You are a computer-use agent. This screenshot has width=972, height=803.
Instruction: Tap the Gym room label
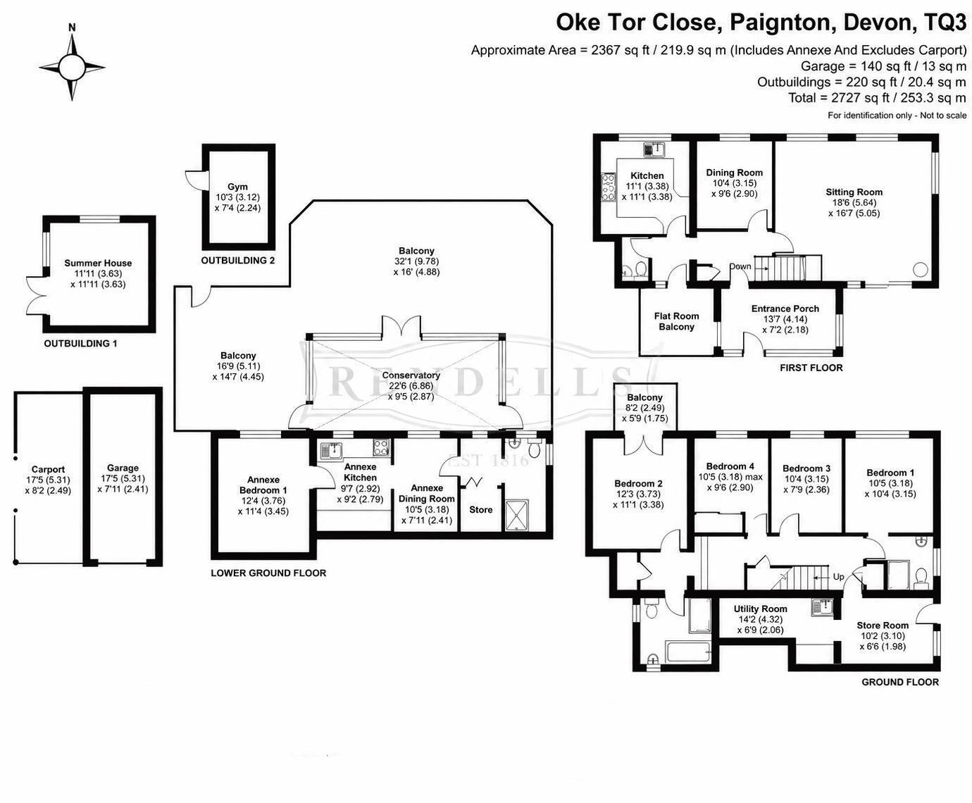coord(238,187)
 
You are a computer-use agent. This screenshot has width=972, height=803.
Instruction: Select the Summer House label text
coord(98,263)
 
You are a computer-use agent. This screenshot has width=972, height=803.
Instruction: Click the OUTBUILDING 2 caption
coord(238,261)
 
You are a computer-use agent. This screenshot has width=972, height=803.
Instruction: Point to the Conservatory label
coord(411,375)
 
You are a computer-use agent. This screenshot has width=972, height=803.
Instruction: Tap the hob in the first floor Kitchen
coord(607,187)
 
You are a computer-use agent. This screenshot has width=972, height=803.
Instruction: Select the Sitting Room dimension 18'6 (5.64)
coord(854,202)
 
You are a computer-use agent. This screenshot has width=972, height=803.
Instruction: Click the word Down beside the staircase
coord(740,266)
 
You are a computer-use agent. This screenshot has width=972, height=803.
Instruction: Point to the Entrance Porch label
coord(785,309)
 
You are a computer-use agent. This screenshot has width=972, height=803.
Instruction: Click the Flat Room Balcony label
coord(676,321)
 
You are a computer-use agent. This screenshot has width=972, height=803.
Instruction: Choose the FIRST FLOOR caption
coord(811,368)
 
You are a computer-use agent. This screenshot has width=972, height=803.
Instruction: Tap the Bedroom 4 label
coord(730,466)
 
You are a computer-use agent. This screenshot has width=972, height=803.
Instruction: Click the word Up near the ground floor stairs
coord(838,577)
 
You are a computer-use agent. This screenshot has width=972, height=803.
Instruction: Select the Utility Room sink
coord(823,606)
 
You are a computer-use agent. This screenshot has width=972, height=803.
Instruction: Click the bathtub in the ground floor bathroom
coord(687,654)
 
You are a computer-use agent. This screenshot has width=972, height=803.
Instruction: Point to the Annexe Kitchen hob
coord(381,448)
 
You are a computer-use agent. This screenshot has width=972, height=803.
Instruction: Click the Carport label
coord(48,470)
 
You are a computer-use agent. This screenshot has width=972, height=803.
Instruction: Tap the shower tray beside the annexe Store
coord(517,516)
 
